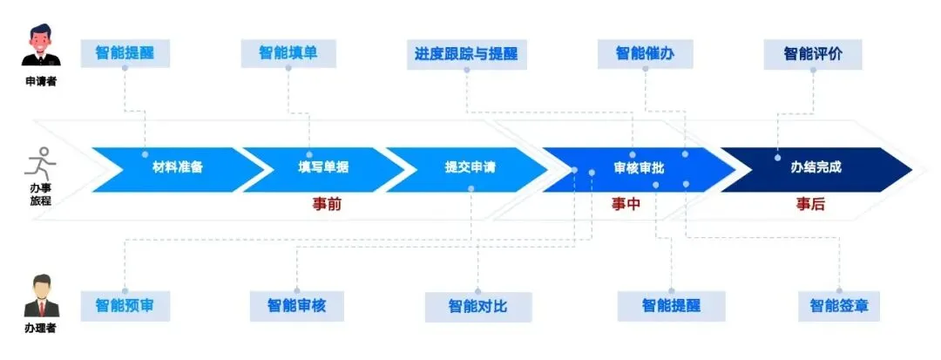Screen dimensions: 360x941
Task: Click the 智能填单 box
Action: click(288, 53)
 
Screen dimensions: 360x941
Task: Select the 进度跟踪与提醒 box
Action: click(466, 53)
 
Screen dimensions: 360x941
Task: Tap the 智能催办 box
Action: click(645, 53)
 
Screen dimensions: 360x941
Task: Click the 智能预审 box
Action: click(125, 305)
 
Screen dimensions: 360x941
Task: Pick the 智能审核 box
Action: click(296, 306)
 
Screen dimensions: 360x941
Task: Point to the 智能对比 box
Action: click(477, 307)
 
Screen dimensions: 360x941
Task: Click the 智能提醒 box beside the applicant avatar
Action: click(125, 53)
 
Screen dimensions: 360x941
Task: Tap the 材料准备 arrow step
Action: click(178, 168)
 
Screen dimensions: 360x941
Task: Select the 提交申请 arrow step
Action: click(470, 168)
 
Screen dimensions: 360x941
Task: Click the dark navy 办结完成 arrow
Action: click(816, 168)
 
